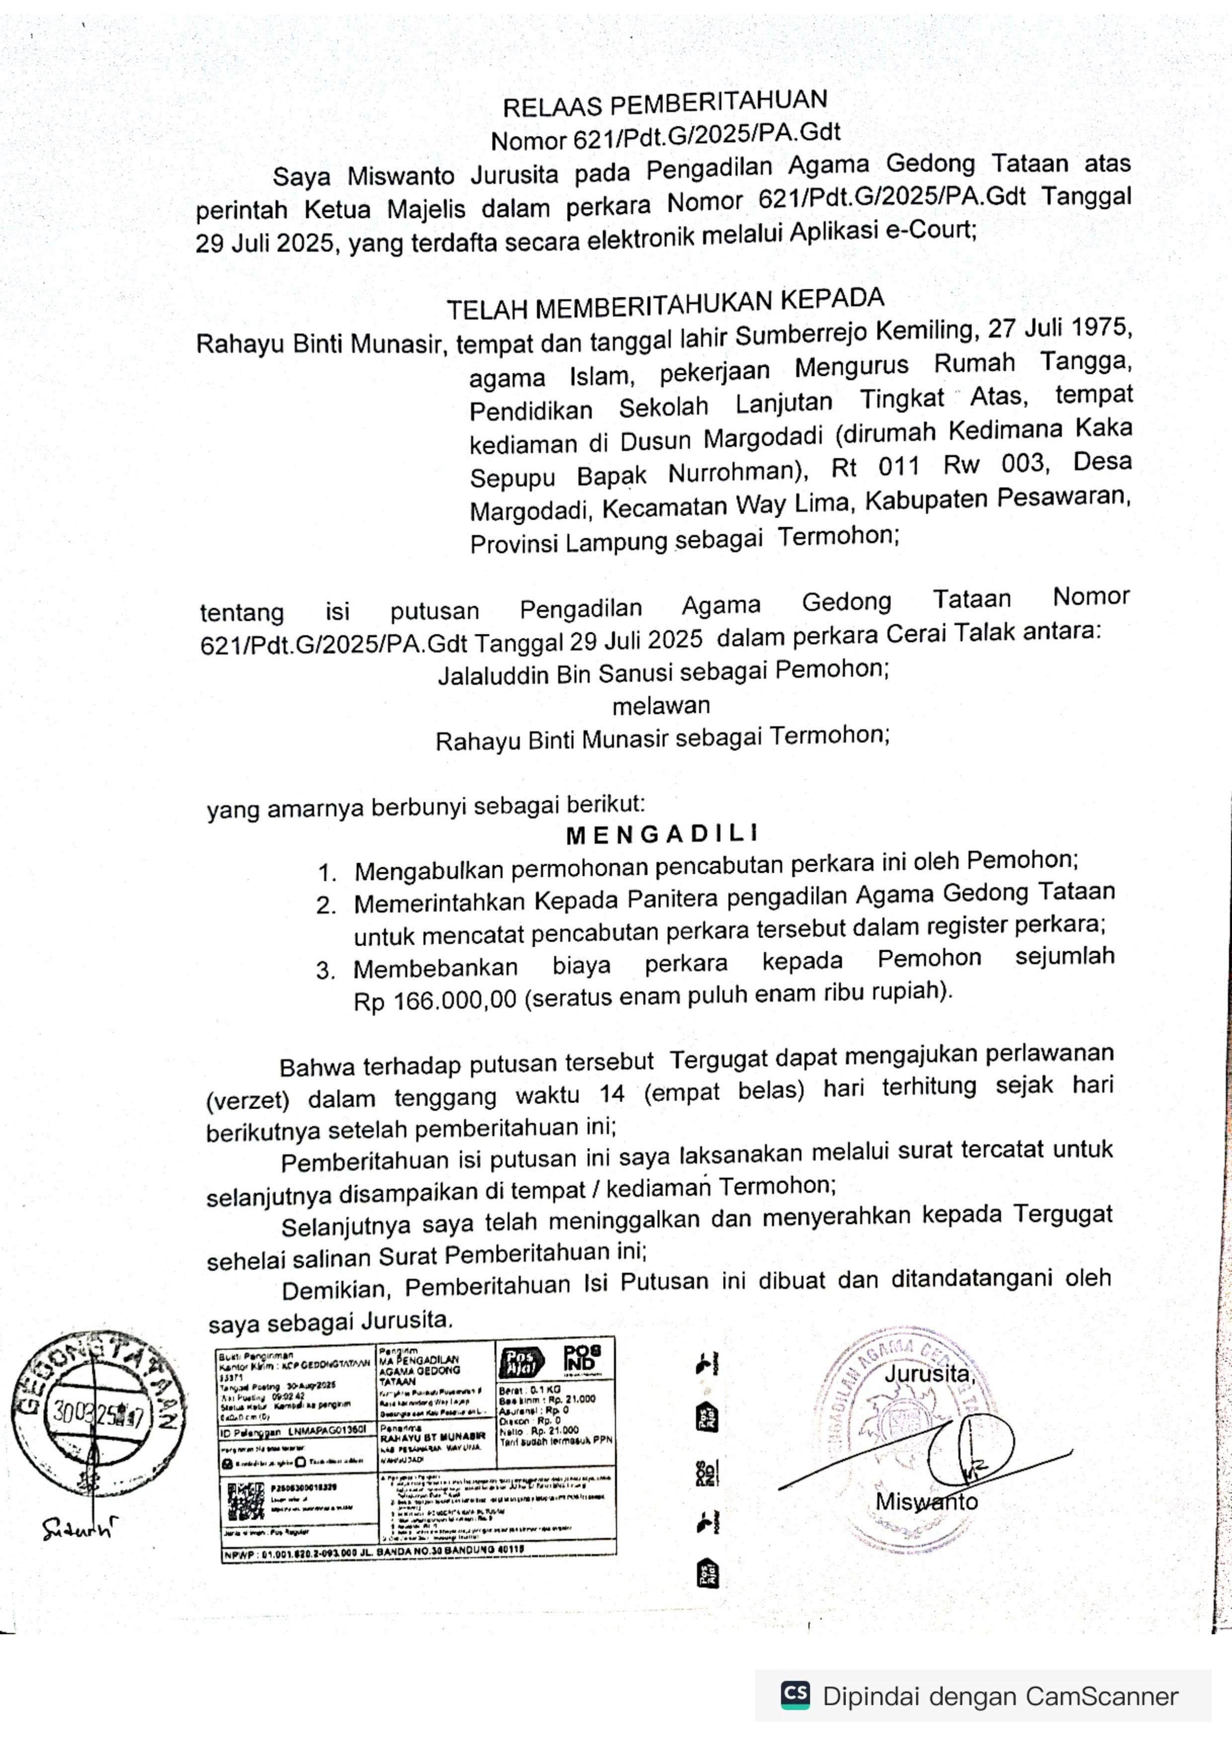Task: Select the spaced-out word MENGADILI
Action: pyautogui.click(x=662, y=835)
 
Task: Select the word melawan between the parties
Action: pyautogui.click(x=661, y=705)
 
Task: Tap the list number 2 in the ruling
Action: pyautogui.click(x=326, y=905)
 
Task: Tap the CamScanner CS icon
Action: pyautogui.click(x=795, y=1694)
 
